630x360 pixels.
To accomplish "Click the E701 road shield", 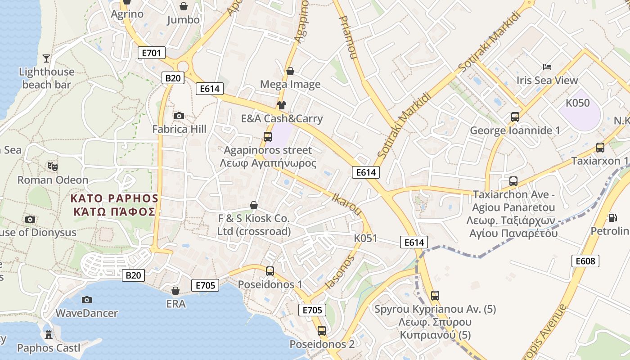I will coord(151,53).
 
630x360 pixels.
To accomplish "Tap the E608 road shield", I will coord(585,261).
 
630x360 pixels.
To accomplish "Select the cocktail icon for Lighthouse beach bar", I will coord(46,58).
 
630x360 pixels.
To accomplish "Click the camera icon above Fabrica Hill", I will coord(179,116).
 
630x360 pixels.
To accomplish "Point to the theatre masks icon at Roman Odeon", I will coord(53,166).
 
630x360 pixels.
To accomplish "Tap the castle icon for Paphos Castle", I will coord(48,334).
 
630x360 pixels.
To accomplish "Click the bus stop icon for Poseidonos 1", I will coord(270,271).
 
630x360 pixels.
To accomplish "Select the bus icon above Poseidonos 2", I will coord(322,331).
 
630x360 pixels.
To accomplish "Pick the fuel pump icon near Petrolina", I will coord(612,218).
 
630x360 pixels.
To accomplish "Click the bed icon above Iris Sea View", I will coord(547,67).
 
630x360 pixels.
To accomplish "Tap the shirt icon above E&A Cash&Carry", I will coord(282,106).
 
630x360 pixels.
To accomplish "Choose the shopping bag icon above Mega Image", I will coord(290,71).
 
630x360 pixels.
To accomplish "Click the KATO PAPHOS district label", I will coord(114,205).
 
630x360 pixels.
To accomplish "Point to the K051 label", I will coord(365,238).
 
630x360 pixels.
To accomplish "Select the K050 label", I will coord(577,103).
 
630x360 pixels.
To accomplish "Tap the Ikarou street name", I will coord(347,204).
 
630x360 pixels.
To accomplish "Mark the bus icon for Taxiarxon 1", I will coord(600,148).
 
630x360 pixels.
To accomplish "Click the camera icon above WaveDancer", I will coord(86,300).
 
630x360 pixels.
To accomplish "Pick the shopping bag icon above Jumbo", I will coord(184,6).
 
